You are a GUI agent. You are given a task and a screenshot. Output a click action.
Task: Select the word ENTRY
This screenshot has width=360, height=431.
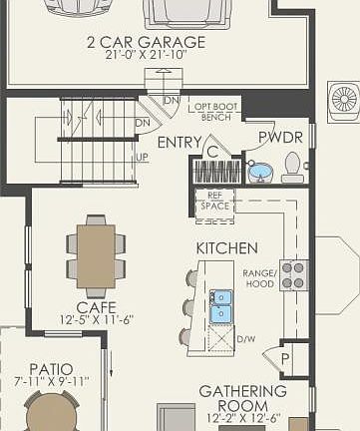180,143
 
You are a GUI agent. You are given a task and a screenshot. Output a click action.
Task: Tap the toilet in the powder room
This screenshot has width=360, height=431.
292,168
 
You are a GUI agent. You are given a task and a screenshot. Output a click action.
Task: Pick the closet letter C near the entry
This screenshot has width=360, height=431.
212,151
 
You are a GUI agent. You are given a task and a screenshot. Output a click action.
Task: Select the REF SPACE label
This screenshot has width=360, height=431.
213,201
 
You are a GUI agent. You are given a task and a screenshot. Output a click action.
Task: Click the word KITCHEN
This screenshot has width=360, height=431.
226,247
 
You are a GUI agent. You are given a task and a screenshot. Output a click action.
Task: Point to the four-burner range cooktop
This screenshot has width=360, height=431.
293,274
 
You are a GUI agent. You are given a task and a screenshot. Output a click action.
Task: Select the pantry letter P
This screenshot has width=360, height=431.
284,358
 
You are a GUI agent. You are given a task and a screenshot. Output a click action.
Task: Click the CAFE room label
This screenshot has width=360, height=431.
96,307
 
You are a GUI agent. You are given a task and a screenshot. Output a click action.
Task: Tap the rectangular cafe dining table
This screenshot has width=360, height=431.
96,255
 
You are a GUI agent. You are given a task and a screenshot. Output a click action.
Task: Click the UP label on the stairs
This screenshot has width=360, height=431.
143,158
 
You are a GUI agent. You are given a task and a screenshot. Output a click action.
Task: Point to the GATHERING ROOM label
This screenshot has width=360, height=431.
242,398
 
